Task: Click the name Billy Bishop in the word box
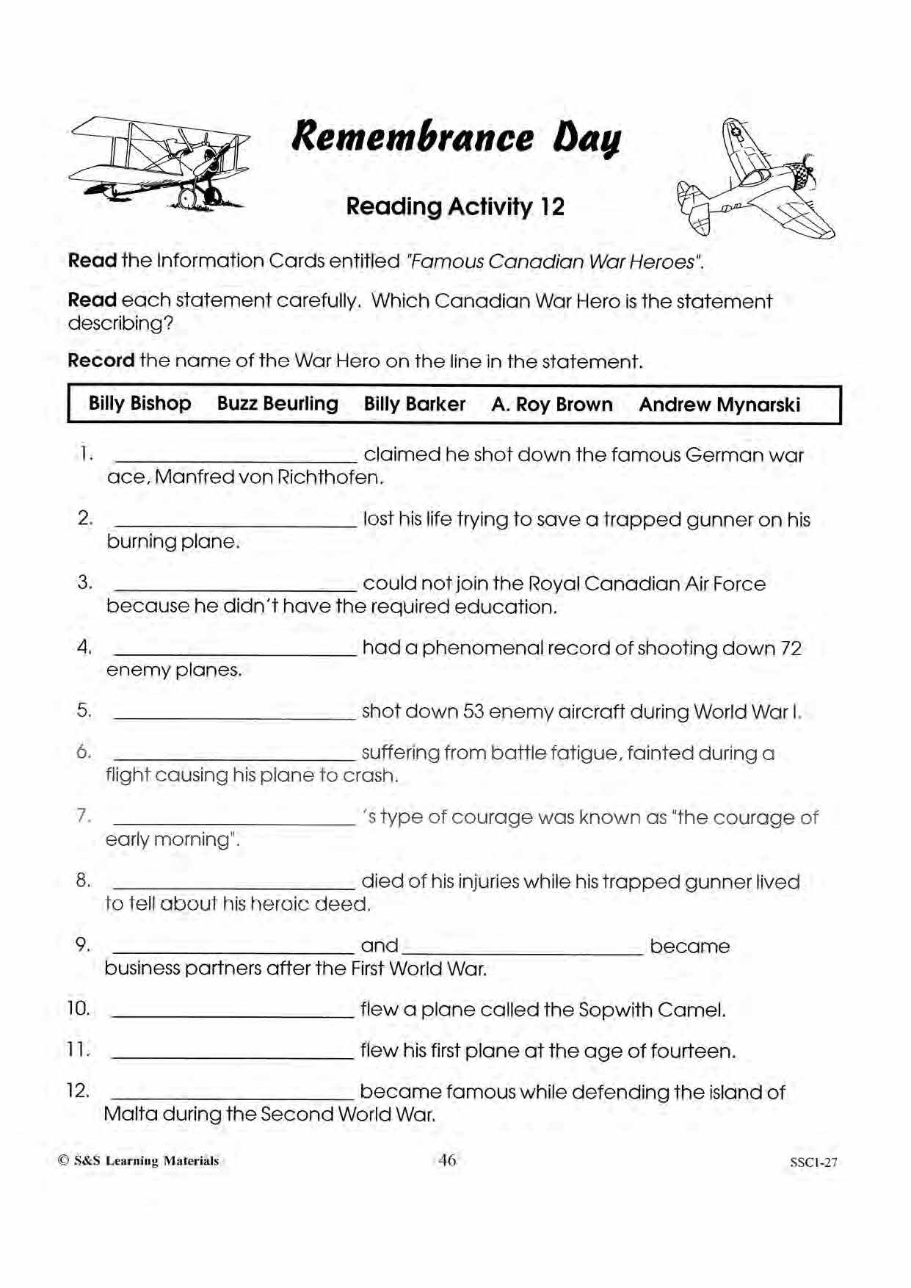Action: (x=139, y=403)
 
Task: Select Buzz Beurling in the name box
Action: (x=277, y=404)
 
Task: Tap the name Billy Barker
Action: (x=415, y=404)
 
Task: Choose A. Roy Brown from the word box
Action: (x=552, y=405)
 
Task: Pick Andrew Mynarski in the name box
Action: (x=719, y=405)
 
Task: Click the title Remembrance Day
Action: (x=456, y=138)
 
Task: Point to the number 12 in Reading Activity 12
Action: (x=552, y=206)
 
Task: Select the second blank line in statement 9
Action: (x=523, y=952)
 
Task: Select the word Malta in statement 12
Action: (x=131, y=1114)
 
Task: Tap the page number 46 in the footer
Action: (x=447, y=1160)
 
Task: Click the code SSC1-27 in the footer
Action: (x=813, y=1162)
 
